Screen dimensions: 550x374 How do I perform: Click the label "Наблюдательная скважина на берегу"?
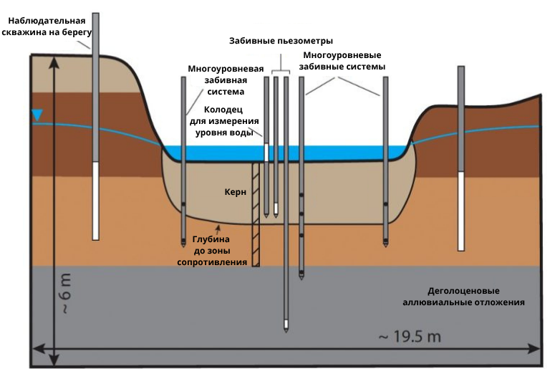47,27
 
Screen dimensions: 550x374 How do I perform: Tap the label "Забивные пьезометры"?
281,41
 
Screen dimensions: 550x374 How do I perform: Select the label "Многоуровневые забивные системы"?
342,61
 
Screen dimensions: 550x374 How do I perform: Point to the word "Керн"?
236,192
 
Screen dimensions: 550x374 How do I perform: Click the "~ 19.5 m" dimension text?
410,337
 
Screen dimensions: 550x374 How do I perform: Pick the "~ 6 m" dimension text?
66,293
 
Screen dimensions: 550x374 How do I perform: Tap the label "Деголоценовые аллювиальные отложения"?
463,297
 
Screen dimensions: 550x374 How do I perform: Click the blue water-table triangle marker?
37,115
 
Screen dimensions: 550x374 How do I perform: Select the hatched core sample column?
256,214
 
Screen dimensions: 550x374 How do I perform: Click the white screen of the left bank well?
95,201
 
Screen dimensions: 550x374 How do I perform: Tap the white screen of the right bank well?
461,211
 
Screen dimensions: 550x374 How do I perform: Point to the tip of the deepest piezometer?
286,332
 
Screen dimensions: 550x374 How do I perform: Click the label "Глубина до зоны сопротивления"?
212,251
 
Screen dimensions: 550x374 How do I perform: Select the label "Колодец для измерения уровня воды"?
224,121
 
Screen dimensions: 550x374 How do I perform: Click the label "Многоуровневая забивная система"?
226,80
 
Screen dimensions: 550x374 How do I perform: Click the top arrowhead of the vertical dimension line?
54,61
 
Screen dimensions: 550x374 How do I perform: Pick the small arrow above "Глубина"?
218,230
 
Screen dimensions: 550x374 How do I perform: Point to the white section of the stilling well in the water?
266,153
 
